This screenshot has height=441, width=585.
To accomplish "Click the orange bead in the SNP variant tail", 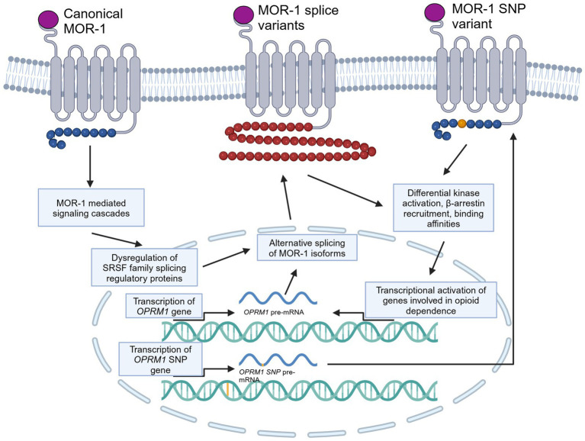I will pos(464,122).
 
